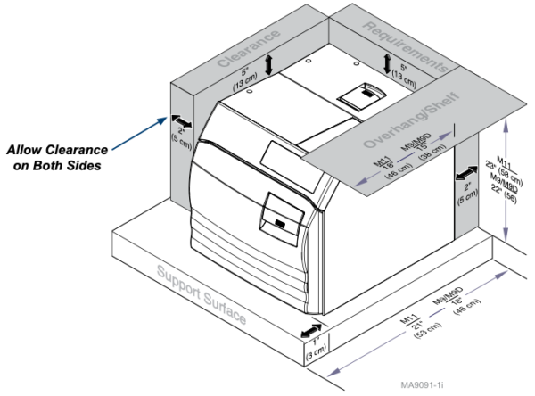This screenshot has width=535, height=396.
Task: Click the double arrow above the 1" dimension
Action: [x=314, y=331]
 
